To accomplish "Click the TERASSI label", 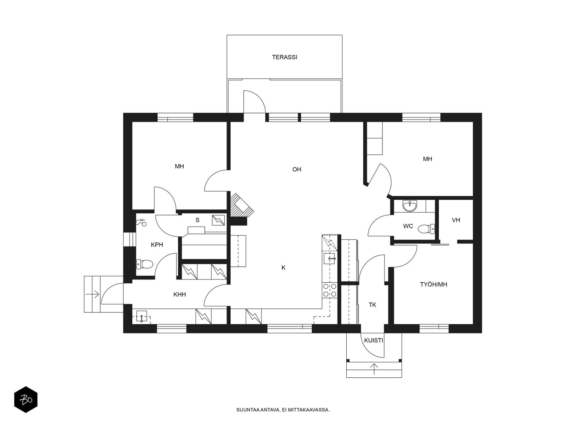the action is coord(284,57).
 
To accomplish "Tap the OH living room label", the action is coord(296,169).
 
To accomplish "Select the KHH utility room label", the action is coord(179,294).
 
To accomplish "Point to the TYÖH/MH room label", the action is coord(433,284).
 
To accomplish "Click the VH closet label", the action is coord(456,220).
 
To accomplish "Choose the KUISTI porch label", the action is coord(373,340).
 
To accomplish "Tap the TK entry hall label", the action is coord(372,305).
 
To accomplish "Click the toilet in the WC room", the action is coord(426,229).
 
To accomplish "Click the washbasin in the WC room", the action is coord(410,206).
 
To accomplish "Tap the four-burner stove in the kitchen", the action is coord(330,290).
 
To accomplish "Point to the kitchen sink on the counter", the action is coord(329,259).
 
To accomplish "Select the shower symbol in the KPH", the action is coord(141,223).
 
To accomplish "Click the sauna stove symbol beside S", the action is coord(218,220).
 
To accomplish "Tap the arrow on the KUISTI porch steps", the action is coord(374,369).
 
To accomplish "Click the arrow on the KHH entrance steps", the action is coord(92,294).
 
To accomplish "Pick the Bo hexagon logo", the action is coord(26,400).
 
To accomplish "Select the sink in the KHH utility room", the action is coord(141,316).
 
